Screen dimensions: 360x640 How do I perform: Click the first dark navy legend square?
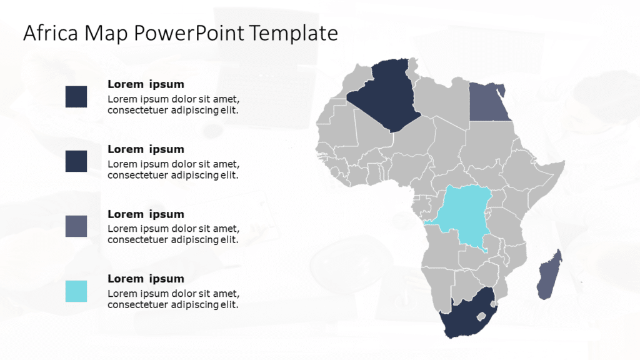click(76, 97)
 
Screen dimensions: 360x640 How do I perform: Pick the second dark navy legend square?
click(76, 161)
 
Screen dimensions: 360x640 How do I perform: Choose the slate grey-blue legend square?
click(76, 226)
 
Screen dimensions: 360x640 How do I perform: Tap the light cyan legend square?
click(76, 291)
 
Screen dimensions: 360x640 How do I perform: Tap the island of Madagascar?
click(550, 275)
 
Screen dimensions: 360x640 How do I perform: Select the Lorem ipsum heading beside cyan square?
click(146, 279)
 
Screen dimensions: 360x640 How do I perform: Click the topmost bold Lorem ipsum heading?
click(146, 84)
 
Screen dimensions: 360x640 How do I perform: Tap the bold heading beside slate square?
click(146, 214)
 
